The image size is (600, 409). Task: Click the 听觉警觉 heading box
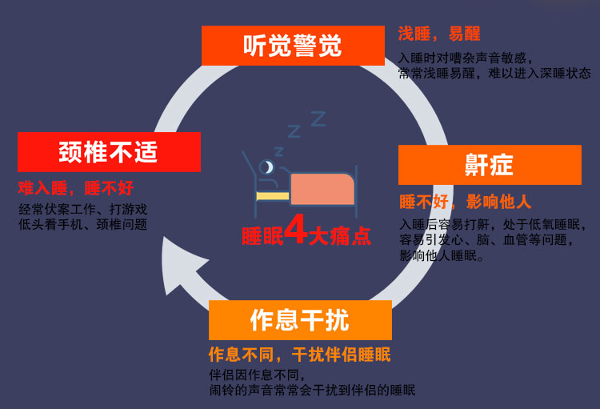click(292, 46)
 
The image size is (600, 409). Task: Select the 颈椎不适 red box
click(109, 152)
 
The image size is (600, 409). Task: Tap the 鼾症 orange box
click(489, 165)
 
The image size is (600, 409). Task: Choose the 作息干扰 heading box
click(300, 320)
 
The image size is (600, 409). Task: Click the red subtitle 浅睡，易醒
click(439, 34)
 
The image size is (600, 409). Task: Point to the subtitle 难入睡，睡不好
click(76, 188)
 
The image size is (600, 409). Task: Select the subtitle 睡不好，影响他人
click(466, 201)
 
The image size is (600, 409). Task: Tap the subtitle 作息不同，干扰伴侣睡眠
click(300, 354)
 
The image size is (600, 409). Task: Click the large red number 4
click(297, 232)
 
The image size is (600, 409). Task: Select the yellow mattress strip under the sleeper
click(272, 194)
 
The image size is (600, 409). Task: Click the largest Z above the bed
click(318, 119)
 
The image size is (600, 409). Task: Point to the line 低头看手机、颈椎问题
click(82, 225)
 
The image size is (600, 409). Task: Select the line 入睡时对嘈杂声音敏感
click(465, 58)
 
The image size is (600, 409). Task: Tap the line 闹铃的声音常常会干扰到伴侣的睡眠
click(313, 390)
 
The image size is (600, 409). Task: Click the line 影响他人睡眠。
click(441, 255)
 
